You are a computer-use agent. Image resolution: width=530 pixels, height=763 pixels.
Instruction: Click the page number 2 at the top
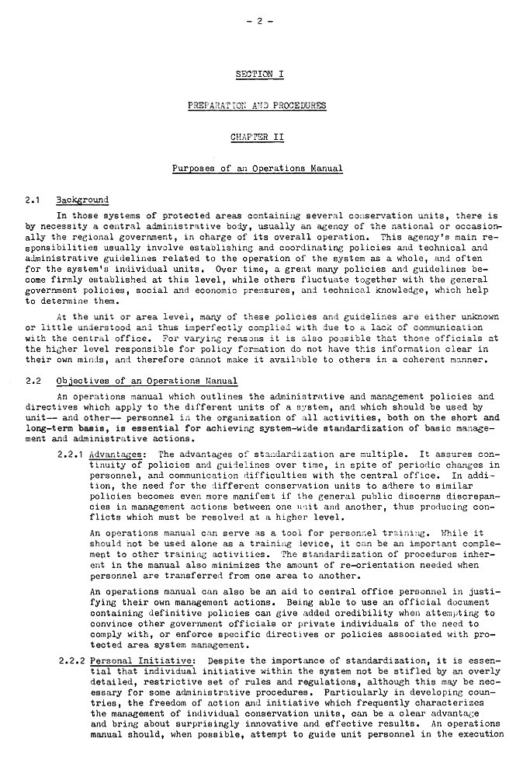pyautogui.click(x=261, y=21)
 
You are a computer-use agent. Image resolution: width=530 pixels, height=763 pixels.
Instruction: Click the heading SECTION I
pyautogui.click(x=260, y=74)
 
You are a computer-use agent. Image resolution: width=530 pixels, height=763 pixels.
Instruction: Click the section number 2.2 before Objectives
pyautogui.click(x=32, y=381)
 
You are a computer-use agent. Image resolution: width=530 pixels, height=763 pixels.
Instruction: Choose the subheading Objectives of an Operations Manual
pyautogui.click(x=147, y=381)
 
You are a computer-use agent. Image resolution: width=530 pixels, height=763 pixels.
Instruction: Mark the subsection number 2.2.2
pyautogui.click(x=73, y=660)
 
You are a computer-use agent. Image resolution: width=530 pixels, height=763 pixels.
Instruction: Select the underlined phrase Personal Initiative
pyautogui.click(x=142, y=660)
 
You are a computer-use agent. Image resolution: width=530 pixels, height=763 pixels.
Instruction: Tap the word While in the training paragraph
pyautogui.click(x=452, y=534)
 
